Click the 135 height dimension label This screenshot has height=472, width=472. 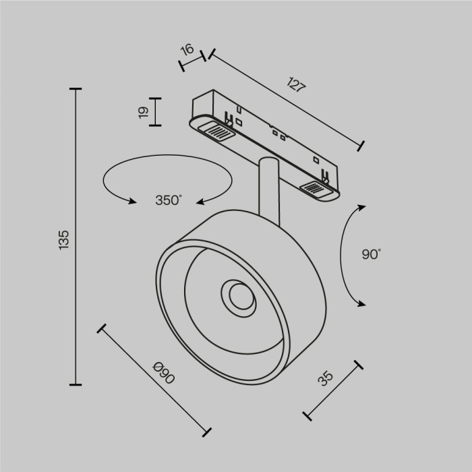(64, 239)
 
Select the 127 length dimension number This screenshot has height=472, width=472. (296, 86)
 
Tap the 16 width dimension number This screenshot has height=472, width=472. (187, 49)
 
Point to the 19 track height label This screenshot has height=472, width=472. (143, 113)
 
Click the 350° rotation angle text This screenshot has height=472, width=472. (169, 200)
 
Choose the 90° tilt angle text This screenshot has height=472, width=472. (371, 254)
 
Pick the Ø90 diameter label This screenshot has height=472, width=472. (164, 373)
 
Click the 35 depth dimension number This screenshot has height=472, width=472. (326, 379)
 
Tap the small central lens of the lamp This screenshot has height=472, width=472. (237, 296)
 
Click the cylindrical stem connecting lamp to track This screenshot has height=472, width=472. (268, 189)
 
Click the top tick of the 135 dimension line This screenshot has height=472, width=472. (75, 89)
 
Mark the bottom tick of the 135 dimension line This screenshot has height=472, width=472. (75, 385)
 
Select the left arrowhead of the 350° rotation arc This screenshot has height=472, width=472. (130, 200)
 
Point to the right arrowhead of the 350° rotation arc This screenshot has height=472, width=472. (202, 200)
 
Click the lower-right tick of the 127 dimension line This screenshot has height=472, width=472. (362, 145)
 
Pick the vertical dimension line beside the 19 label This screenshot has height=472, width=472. (156, 112)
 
